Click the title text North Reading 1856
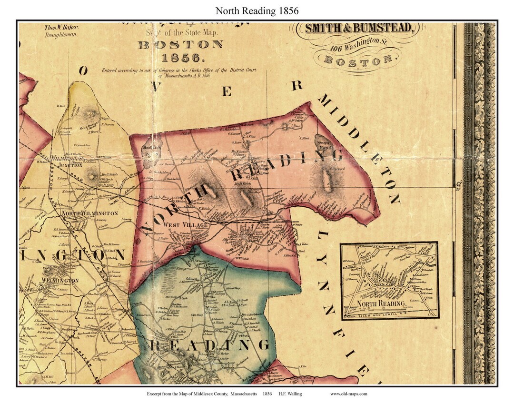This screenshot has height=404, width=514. tap(257, 10)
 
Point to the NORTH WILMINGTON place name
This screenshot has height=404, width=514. tap(89, 213)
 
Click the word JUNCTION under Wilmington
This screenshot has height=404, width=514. tap(70, 165)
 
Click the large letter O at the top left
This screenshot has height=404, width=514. tap(83, 71)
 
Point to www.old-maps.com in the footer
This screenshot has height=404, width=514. tap(348, 394)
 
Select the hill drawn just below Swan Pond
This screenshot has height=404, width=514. tap(327, 179)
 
